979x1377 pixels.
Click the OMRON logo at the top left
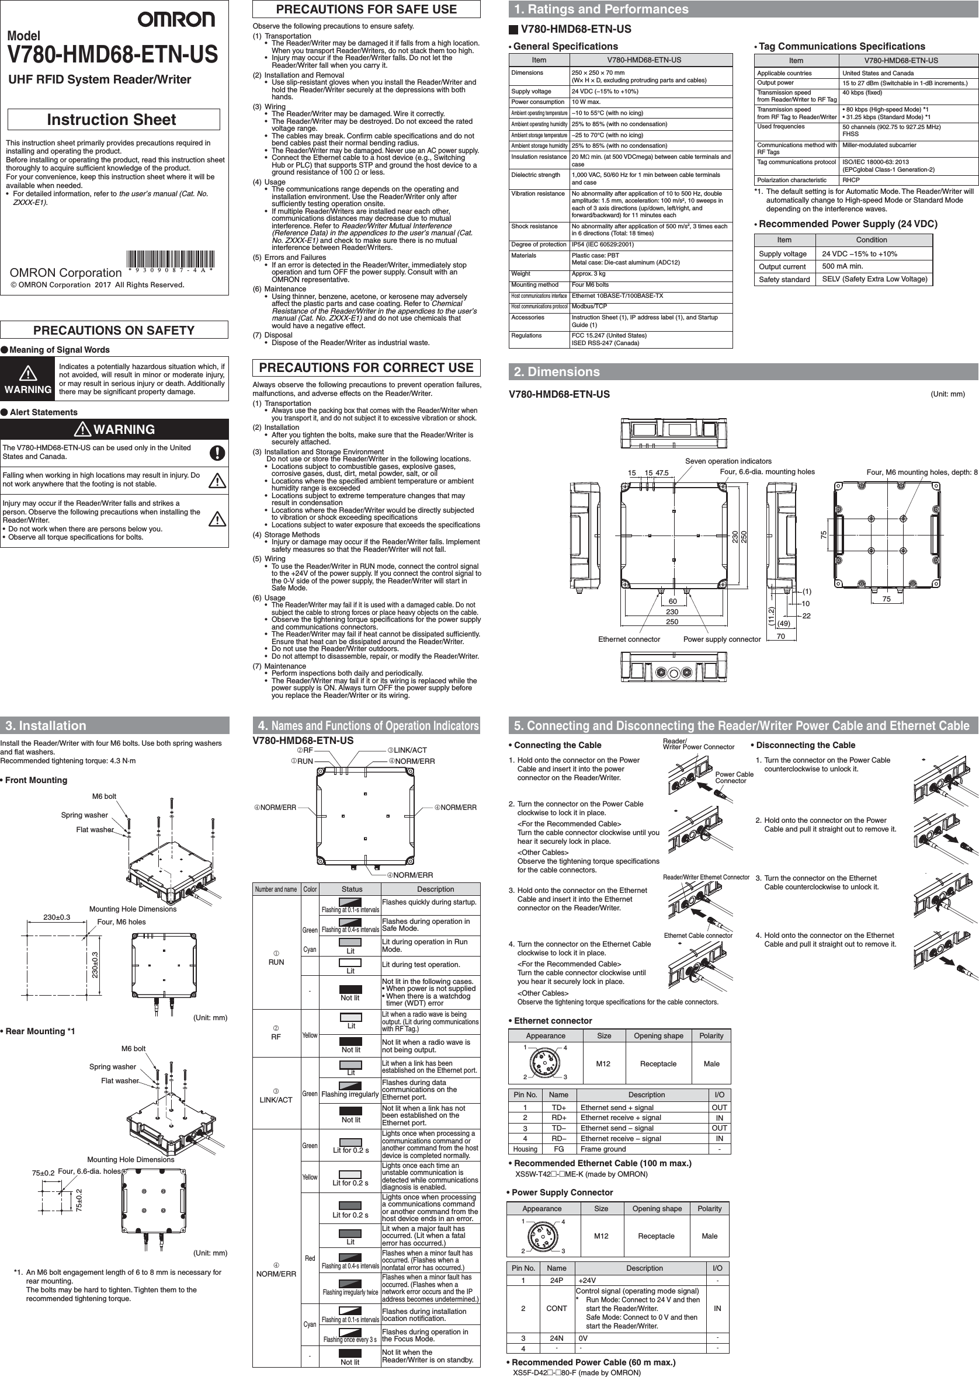pos(175,20)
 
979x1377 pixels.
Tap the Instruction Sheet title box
pos(113,119)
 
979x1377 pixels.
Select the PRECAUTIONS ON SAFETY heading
pos(114,331)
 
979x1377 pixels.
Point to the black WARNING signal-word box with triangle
pos(27,379)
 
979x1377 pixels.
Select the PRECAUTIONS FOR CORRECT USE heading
pos(366,367)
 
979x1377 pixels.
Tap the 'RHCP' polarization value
pos(850,180)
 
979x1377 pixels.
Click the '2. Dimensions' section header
pos(557,372)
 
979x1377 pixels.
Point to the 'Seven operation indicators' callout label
pos(728,461)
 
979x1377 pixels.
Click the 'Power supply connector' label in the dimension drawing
pos(721,639)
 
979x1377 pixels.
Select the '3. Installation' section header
pos(46,725)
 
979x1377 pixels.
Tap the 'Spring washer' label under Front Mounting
pos(84,815)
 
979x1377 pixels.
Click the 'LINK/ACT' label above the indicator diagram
pos(410,750)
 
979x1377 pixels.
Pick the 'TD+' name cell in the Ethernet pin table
pos(559,1108)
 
